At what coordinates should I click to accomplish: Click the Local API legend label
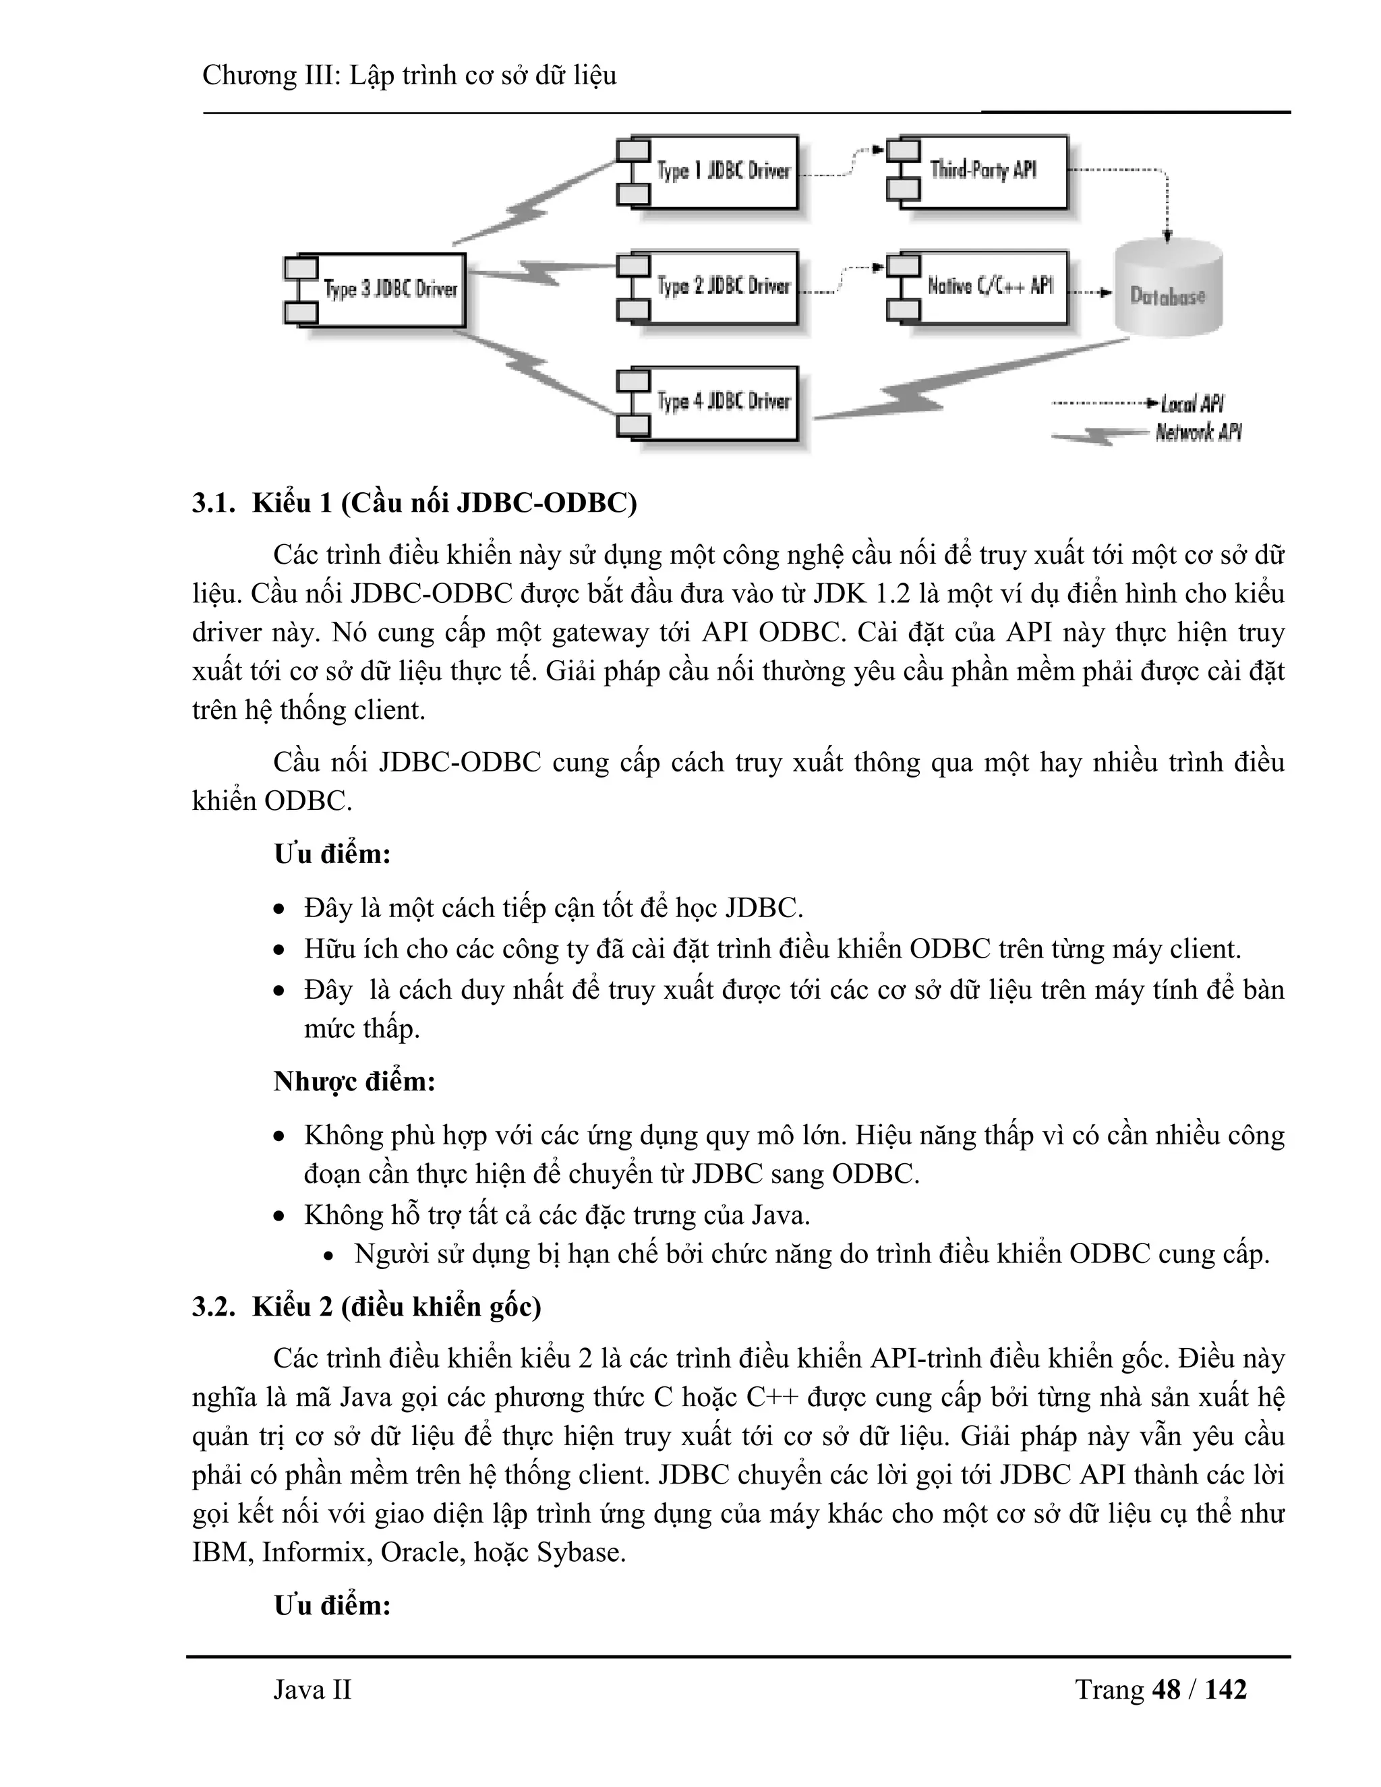[x=1192, y=403]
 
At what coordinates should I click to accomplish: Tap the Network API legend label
[x=1198, y=432]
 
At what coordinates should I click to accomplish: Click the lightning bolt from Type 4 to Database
[x=924, y=395]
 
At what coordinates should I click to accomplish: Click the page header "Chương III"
[x=269, y=76]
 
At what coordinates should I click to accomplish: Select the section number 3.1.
[x=214, y=503]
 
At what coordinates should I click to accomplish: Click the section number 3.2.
[x=214, y=1307]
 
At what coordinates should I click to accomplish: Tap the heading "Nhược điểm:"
[x=354, y=1082]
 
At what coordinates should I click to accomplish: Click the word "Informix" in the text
[x=314, y=1552]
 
